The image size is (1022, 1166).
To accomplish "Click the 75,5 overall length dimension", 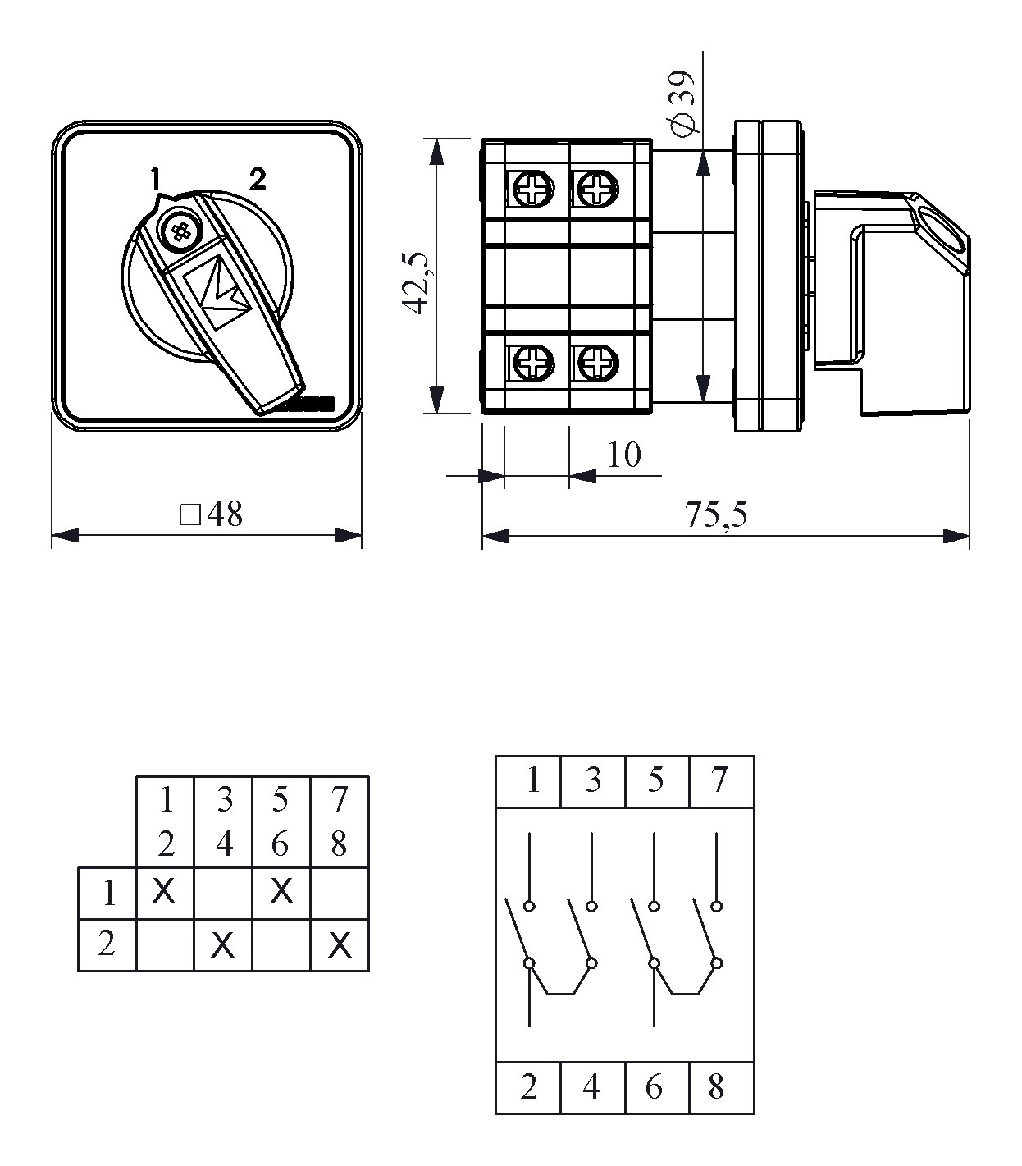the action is coord(715,514).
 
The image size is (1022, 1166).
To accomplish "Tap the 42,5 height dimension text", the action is coord(417,283).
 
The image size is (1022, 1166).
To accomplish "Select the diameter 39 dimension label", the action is coord(683,103).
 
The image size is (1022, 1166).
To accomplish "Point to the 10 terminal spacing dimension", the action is coord(624,455).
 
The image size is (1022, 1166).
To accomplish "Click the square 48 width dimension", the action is coord(211,514).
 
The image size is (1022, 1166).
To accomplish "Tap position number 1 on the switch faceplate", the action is coord(155,178).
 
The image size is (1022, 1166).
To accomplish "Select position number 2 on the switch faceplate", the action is coord(258,179).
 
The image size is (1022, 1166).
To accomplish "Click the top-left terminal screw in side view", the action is coord(532,188).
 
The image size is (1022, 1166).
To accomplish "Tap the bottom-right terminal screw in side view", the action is coord(598,363).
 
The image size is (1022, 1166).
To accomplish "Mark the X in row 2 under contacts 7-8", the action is coord(340,945).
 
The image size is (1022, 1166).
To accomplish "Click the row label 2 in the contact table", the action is coord(107,944).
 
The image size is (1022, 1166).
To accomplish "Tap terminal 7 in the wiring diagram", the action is coord(719,780).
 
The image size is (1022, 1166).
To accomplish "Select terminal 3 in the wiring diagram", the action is coord(593,780).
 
